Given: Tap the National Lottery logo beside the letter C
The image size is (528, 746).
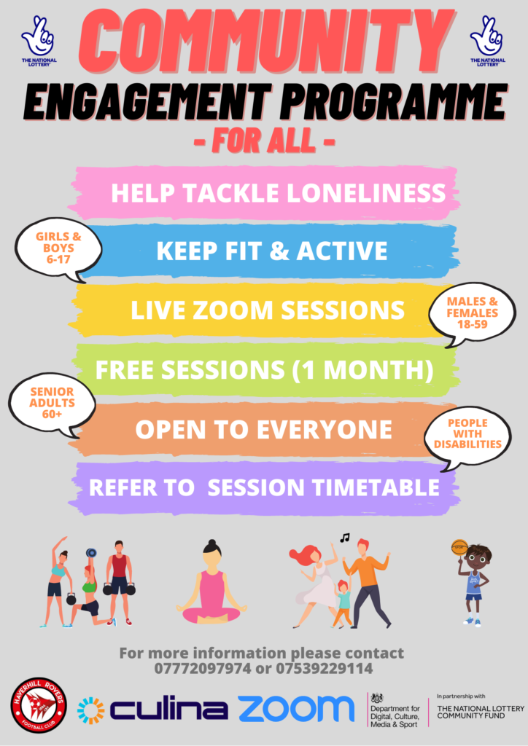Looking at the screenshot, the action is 39,41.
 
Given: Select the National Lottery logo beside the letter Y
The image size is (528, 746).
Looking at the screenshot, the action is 488,41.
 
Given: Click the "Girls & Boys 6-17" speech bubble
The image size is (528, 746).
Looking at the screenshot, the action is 58,250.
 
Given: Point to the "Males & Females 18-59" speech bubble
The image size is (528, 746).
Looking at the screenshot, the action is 472,314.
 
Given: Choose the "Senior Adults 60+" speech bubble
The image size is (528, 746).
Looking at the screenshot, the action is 53,404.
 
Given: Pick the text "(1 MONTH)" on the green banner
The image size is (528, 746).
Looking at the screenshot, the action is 362,370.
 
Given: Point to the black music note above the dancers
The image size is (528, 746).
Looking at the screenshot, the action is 345,538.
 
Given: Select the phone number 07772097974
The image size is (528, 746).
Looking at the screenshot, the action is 202,668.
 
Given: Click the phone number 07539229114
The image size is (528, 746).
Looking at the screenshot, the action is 325,668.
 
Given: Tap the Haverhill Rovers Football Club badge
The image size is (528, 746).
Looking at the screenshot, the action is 39,705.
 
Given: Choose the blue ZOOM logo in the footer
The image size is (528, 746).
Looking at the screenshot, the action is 296,708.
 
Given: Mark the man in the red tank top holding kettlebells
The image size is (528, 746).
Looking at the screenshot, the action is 119,581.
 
